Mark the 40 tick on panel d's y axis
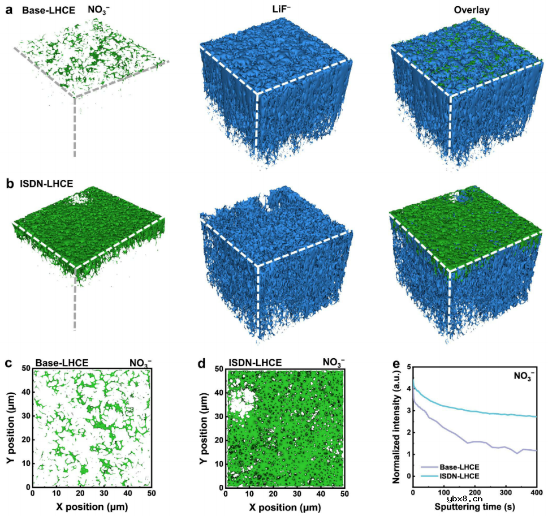[x=219, y=392]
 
